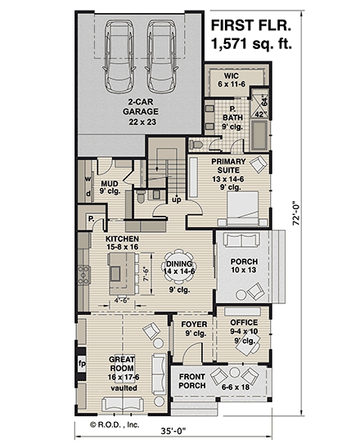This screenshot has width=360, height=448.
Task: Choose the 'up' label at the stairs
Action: coord(176,199)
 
